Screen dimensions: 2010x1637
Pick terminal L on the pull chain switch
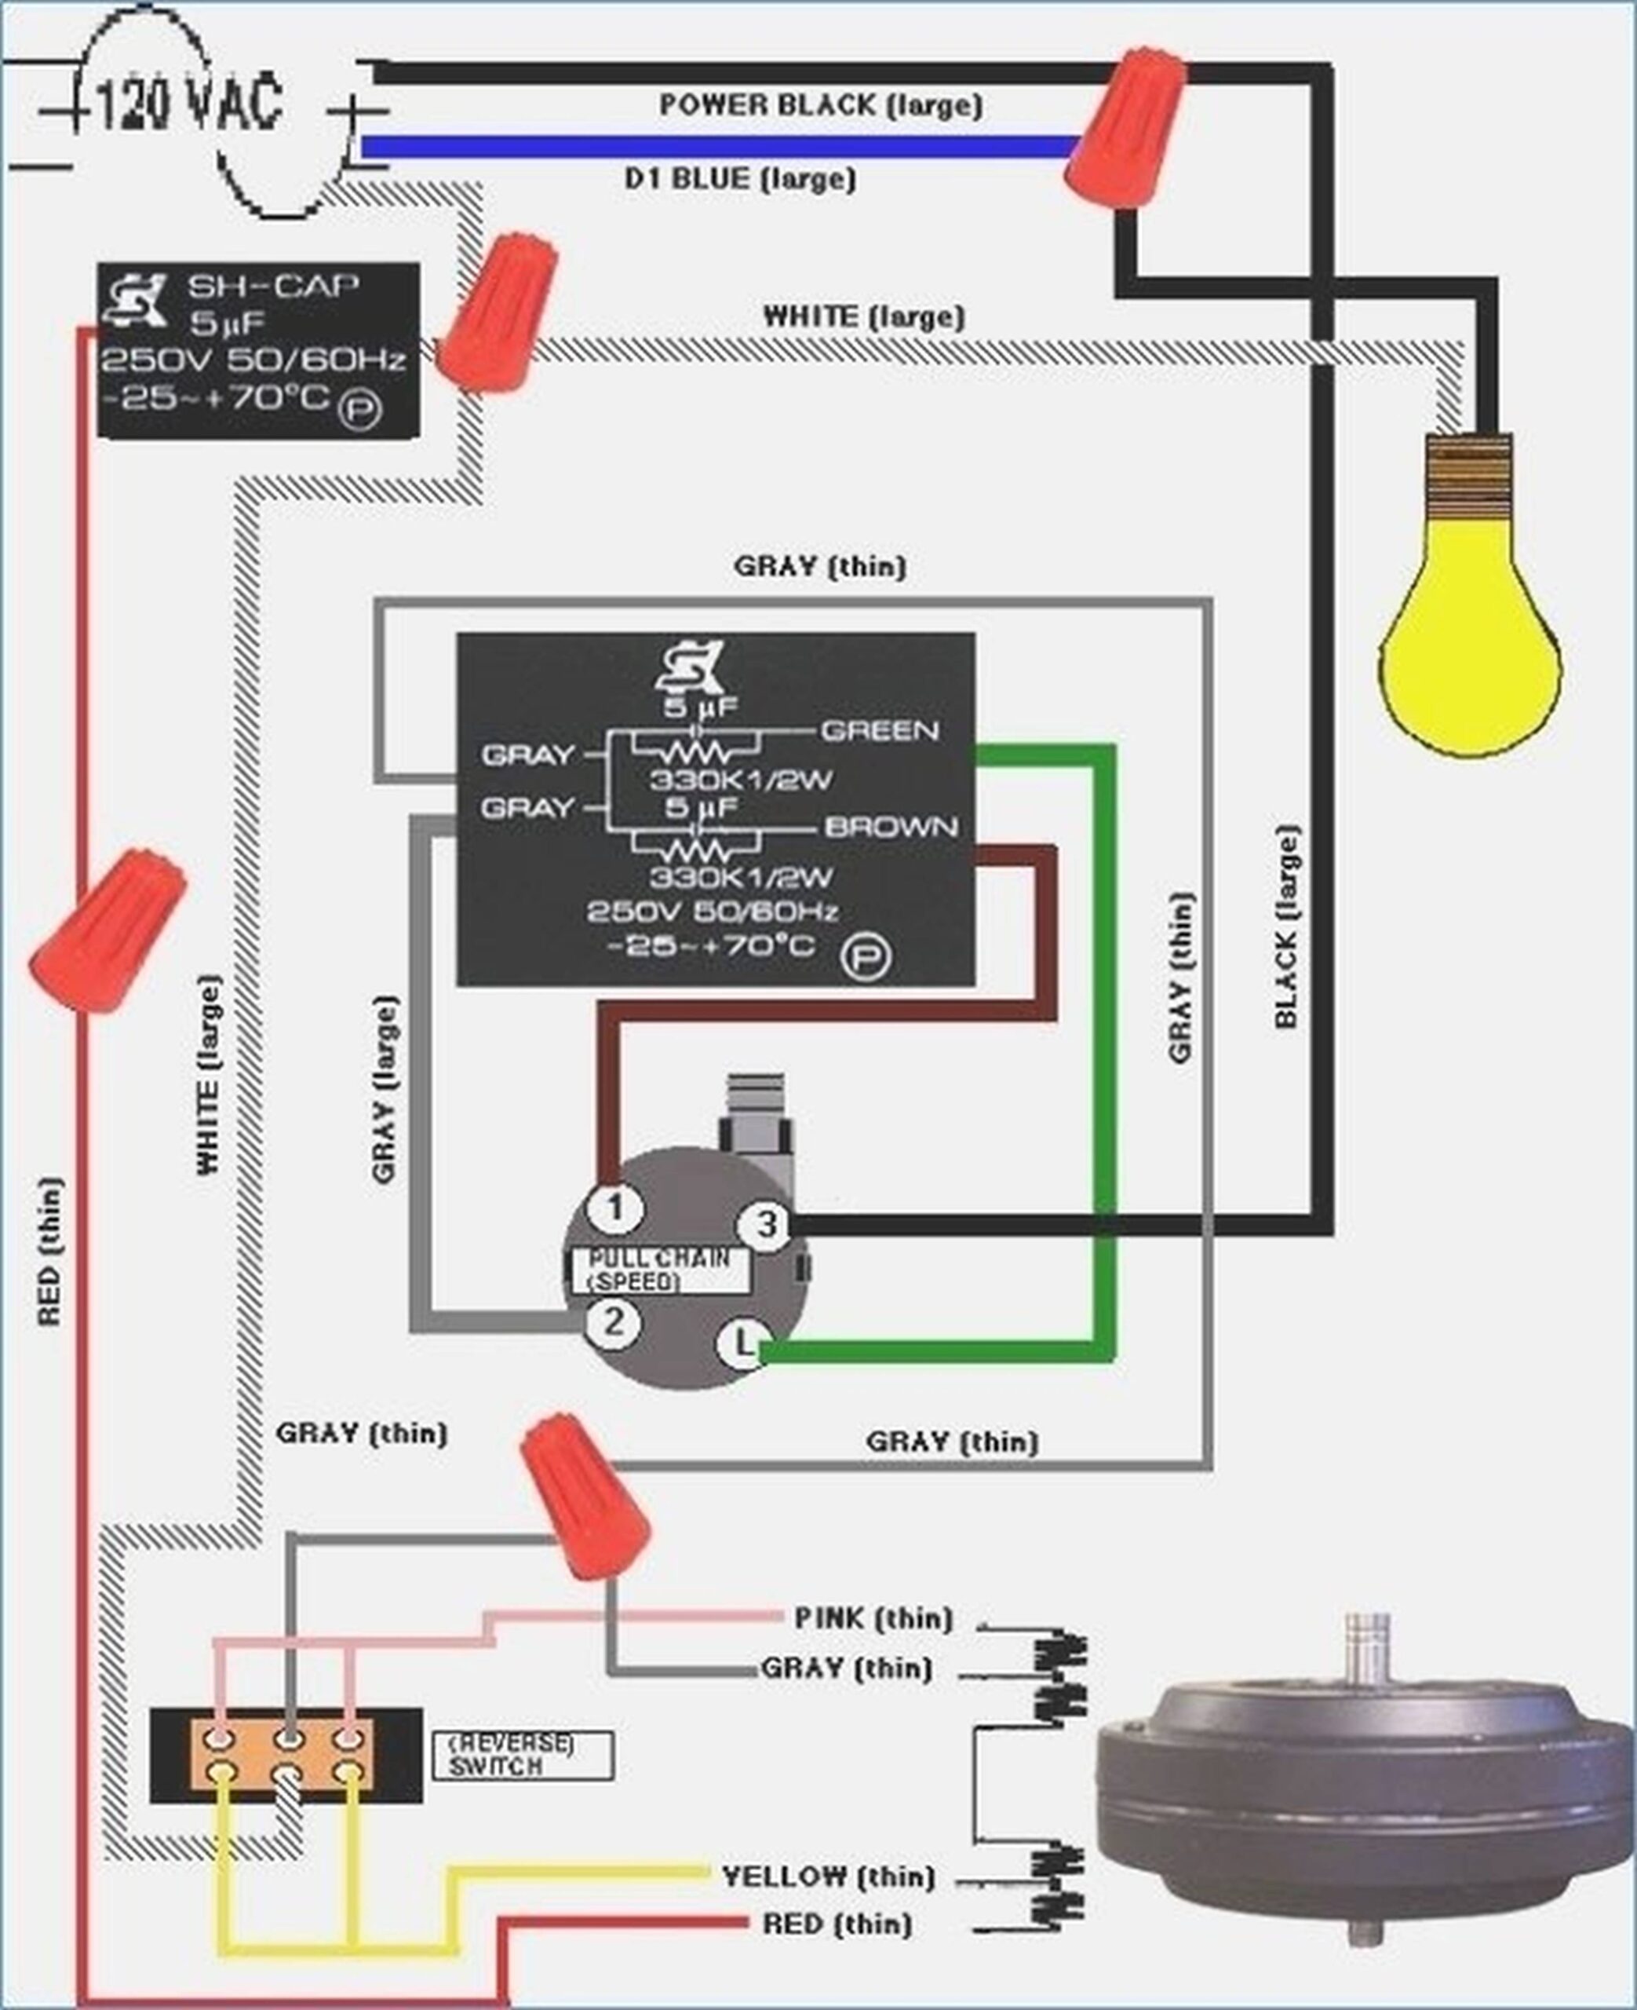[x=742, y=1343]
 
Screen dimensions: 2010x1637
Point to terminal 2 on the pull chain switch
[x=613, y=1321]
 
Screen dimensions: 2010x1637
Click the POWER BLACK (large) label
[x=820, y=104]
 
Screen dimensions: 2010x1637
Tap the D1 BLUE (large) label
[x=740, y=178]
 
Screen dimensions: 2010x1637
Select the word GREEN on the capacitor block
[x=880, y=731]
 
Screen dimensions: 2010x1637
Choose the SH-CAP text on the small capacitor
[x=272, y=286]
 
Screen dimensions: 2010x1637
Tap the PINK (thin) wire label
[x=873, y=1618]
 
